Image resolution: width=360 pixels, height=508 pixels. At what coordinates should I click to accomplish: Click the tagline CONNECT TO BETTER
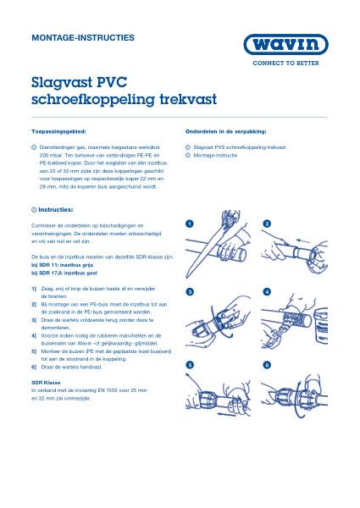285,64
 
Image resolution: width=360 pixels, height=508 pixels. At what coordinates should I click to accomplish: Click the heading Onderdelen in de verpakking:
226,132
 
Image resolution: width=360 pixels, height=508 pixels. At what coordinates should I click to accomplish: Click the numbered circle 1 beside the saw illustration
191,224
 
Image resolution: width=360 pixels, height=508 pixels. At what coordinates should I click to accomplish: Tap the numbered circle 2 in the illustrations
267,224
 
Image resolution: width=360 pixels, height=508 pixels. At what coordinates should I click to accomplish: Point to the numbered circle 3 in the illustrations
191,291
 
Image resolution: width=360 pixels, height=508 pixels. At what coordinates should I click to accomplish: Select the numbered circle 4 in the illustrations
267,291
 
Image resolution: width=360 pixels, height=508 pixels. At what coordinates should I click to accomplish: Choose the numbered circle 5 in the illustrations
191,364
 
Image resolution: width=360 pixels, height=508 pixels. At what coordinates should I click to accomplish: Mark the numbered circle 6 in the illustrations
267,364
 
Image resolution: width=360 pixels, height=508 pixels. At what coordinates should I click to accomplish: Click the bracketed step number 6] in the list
33,367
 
